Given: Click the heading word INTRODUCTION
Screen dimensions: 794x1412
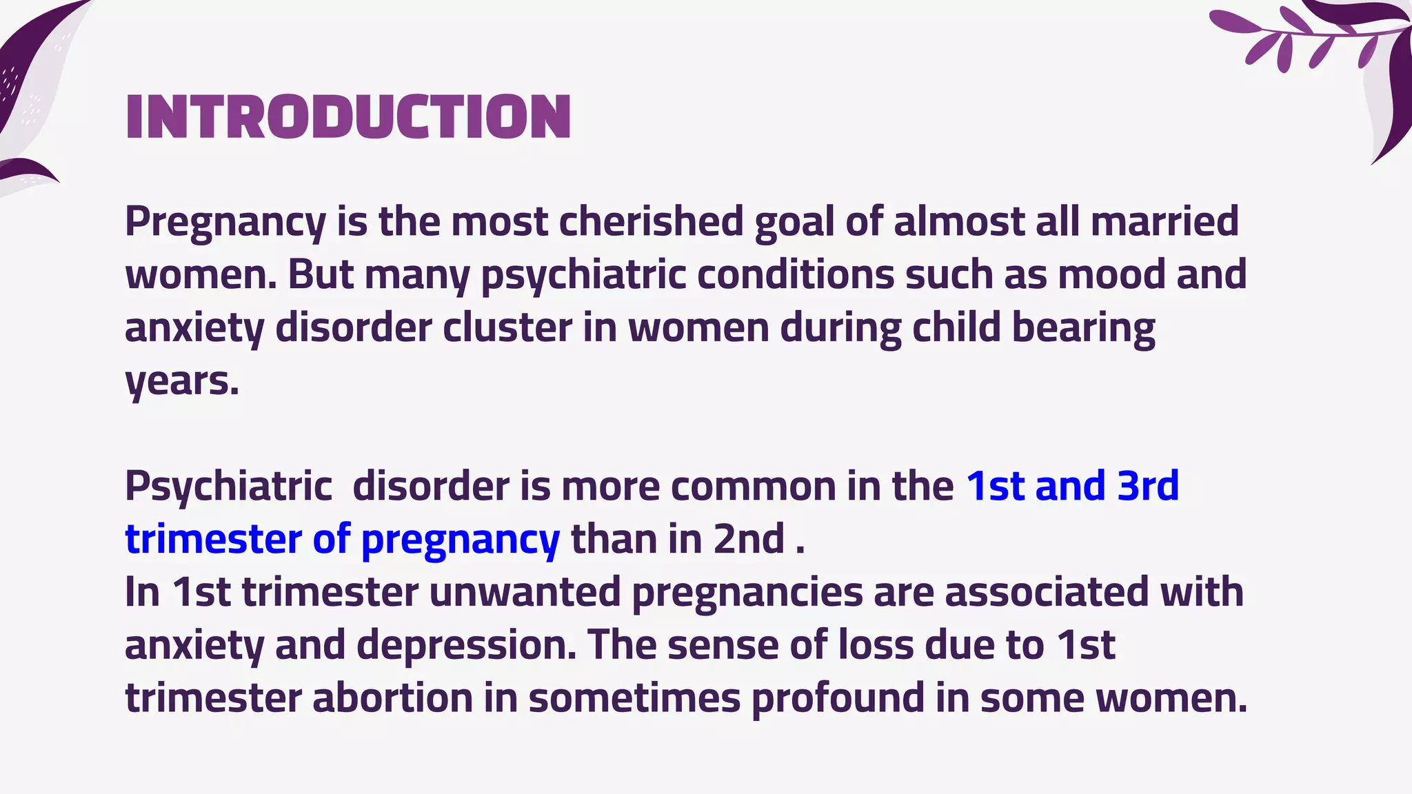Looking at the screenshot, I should [x=348, y=117].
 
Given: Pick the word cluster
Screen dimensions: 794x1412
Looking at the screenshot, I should [x=507, y=327].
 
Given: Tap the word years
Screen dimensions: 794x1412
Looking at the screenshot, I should [x=181, y=382].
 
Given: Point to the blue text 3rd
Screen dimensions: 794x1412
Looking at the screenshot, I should [x=1148, y=487].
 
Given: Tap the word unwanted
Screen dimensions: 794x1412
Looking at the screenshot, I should [x=525, y=593].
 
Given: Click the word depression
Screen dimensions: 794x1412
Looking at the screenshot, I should [x=466, y=647].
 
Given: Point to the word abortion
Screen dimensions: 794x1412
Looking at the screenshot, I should [x=392, y=698].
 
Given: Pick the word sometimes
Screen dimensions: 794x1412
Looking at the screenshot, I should [x=634, y=698].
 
